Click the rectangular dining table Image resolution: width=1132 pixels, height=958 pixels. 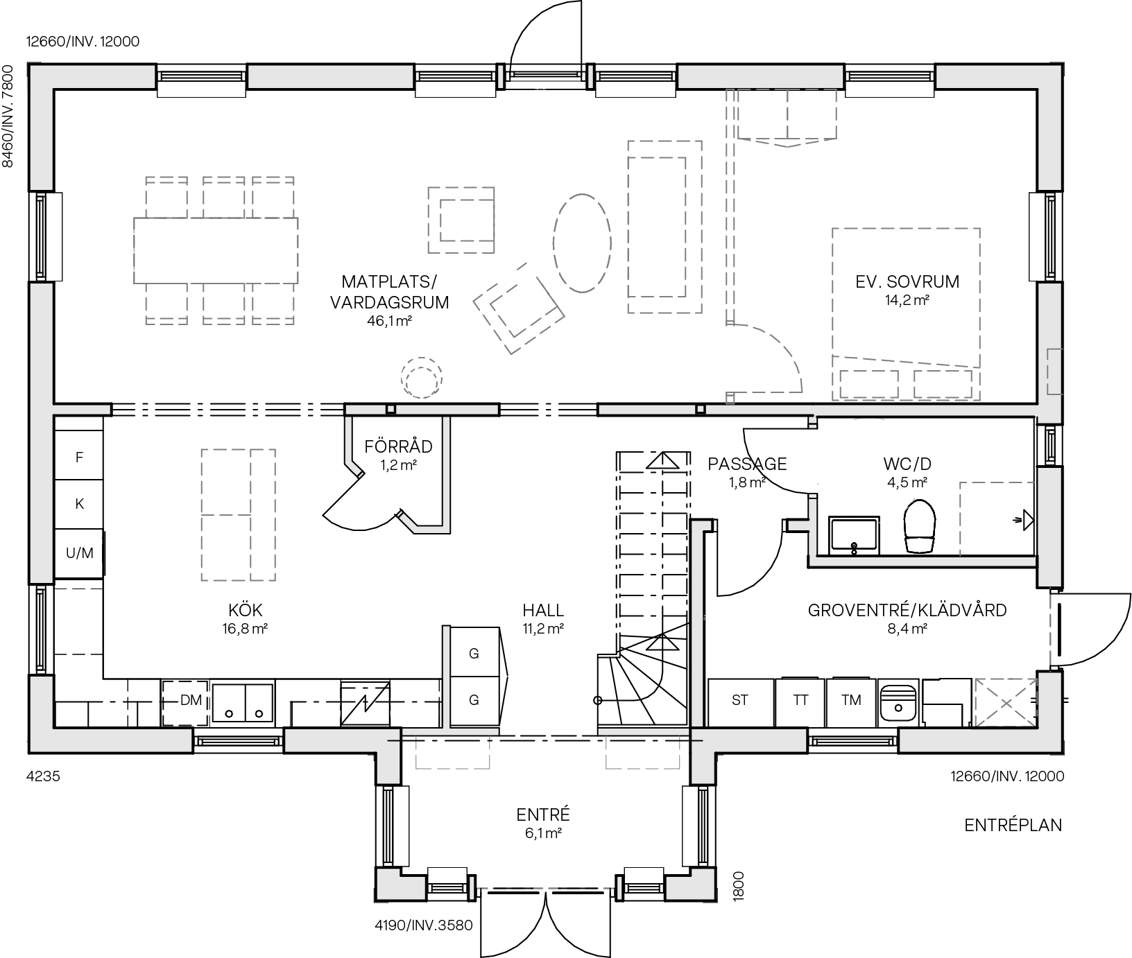click(216, 250)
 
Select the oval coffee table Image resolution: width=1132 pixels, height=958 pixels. click(582, 243)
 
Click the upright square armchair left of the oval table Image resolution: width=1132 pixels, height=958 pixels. click(461, 220)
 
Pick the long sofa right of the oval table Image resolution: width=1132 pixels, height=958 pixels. click(664, 227)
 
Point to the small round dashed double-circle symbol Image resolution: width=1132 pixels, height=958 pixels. click(421, 378)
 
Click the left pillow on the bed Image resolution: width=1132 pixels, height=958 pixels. click(868, 384)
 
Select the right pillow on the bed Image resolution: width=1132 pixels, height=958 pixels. click(943, 384)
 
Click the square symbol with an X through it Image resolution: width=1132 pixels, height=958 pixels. click(1006, 702)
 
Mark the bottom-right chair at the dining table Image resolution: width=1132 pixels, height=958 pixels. click(273, 304)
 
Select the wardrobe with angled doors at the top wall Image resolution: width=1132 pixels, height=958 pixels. click(787, 116)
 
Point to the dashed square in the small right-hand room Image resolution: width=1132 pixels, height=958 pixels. click(997, 519)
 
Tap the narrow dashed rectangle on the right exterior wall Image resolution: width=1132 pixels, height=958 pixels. click(1054, 372)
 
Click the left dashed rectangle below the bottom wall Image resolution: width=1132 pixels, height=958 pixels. click(452, 751)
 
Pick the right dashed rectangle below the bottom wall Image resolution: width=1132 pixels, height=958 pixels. click(642, 751)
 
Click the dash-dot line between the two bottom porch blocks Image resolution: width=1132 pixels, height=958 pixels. click(547, 888)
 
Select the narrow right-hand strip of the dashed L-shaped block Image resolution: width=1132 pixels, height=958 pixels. click(263, 514)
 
